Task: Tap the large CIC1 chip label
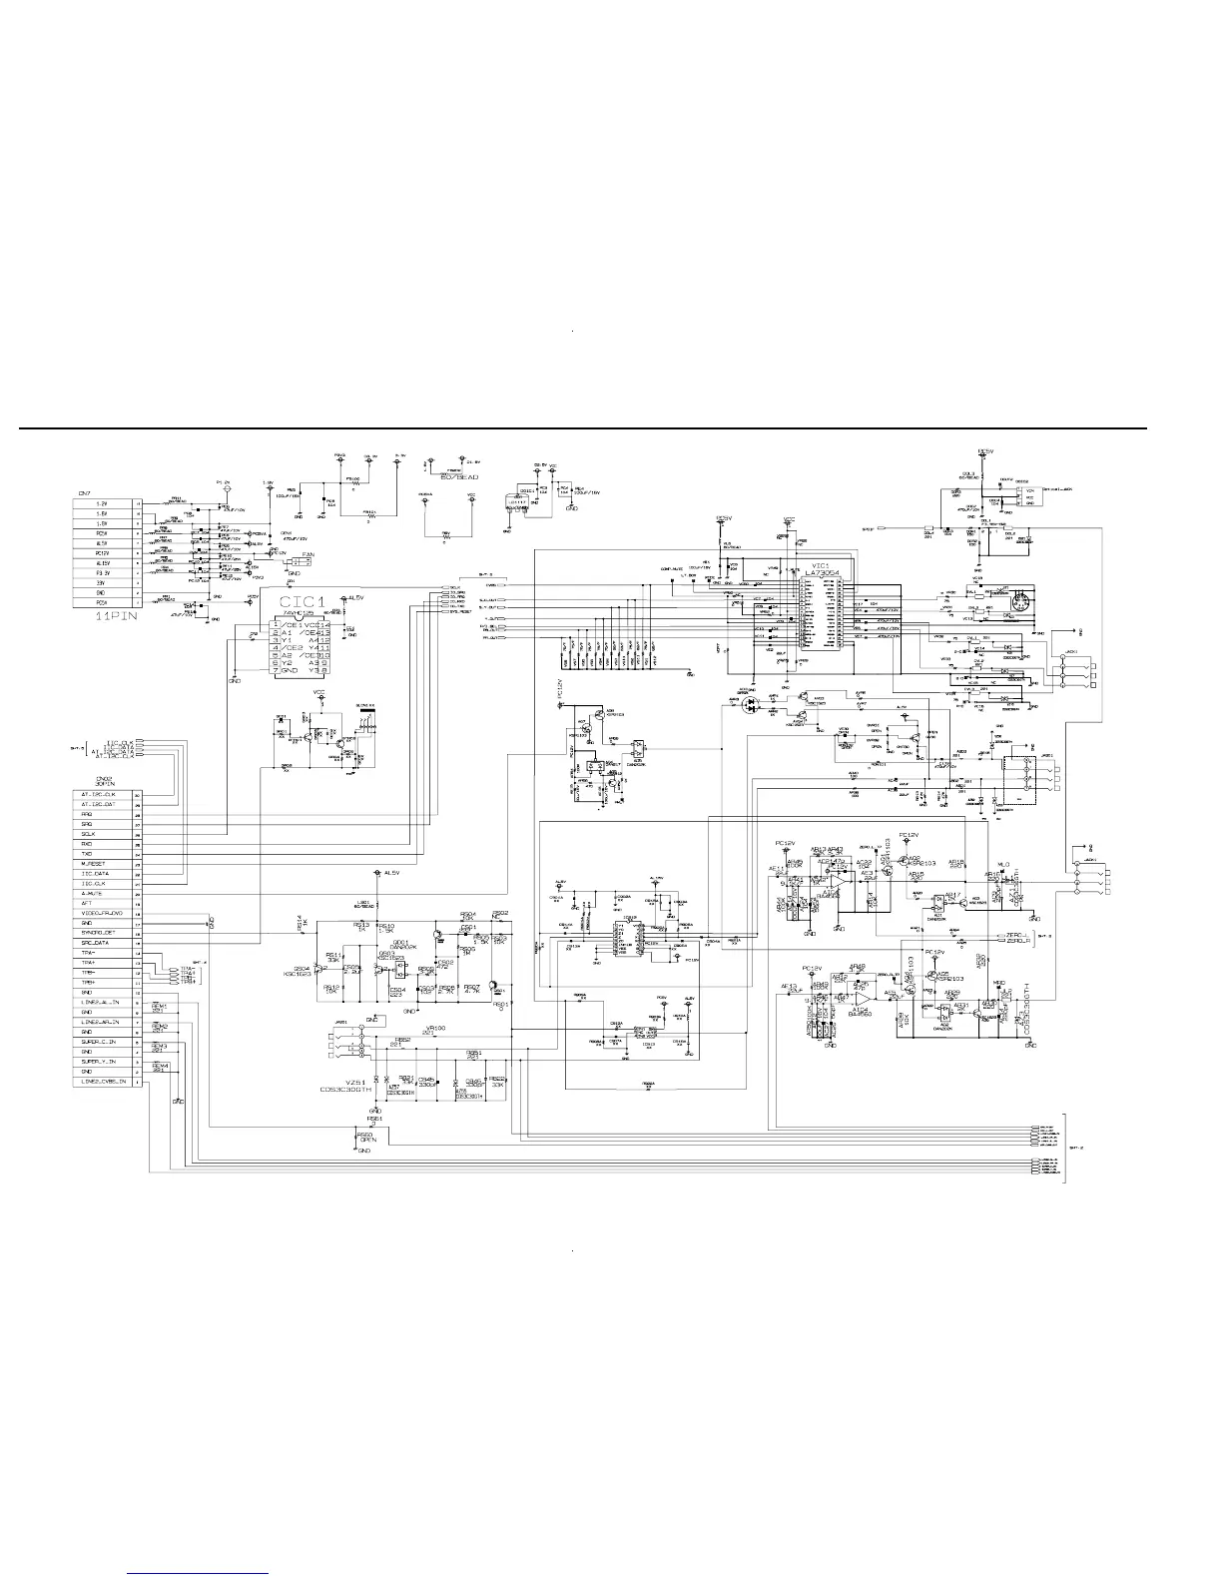(x=303, y=601)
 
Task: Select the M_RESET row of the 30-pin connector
(x=103, y=864)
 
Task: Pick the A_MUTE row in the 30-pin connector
(x=103, y=893)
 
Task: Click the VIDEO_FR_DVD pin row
(x=103, y=913)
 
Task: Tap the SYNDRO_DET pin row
(x=103, y=933)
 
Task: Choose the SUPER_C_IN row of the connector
(x=103, y=1042)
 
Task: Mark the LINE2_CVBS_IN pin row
(x=103, y=1082)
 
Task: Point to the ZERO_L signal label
(x=1017, y=935)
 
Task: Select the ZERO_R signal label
(x=1017, y=942)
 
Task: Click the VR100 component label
(x=434, y=1029)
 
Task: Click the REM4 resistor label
(x=159, y=1067)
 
